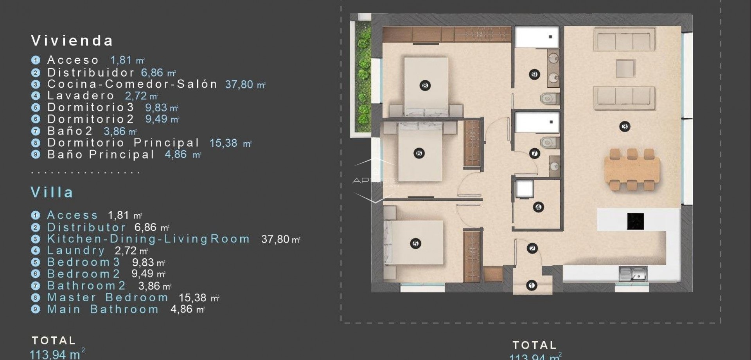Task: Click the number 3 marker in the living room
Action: tap(625, 126)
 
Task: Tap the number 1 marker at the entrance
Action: tap(531, 286)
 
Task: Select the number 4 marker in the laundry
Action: tap(538, 207)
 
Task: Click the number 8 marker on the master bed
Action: tap(425, 85)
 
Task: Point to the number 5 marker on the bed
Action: tap(415, 243)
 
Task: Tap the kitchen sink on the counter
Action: tap(633, 274)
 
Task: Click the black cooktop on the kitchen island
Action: tap(635, 221)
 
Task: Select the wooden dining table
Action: tap(632, 170)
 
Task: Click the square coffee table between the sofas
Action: tap(625, 68)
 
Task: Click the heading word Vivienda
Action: tap(72, 41)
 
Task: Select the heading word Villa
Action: tap(52, 192)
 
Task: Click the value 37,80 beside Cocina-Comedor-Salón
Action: tap(239, 85)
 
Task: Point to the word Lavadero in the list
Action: tap(81, 95)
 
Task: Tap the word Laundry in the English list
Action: tap(76, 250)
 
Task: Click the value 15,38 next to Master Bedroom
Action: tap(192, 298)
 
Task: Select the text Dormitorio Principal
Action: tap(123, 143)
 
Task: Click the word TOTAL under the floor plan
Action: tap(534, 345)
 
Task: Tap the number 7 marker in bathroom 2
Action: tap(534, 154)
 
